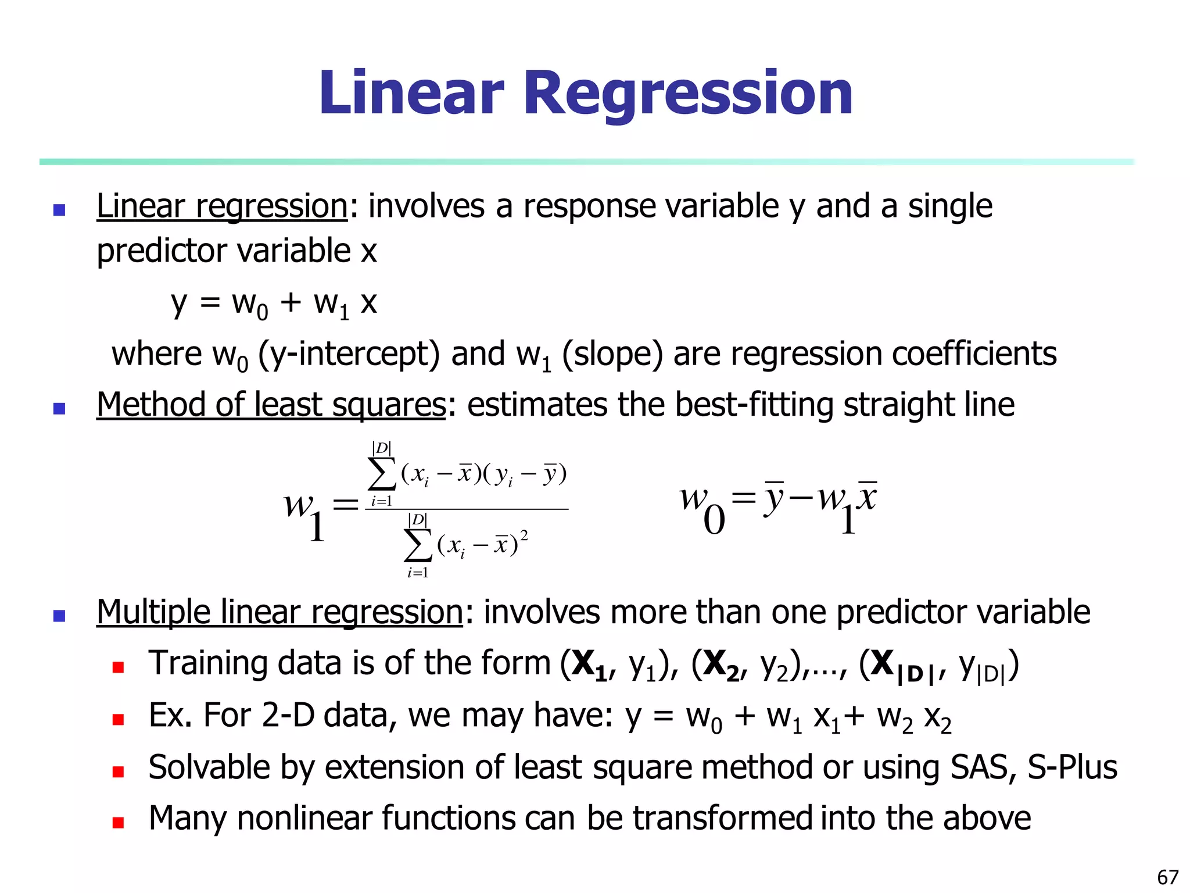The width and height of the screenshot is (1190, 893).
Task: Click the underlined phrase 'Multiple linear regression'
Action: click(279, 612)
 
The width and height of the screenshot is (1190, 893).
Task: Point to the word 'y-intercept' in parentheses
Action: click(349, 353)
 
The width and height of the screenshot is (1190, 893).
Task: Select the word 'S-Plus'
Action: click(1073, 767)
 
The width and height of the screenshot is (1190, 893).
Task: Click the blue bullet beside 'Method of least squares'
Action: click(59, 408)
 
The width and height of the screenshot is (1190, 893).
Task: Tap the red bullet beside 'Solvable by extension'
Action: click(119, 771)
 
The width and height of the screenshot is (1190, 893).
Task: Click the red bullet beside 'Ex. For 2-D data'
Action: click(119, 720)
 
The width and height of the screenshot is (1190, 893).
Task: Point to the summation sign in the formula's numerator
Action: click(382, 474)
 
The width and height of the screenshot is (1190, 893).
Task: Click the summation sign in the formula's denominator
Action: click(418, 545)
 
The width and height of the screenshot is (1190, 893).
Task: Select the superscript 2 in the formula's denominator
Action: click(524, 535)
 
